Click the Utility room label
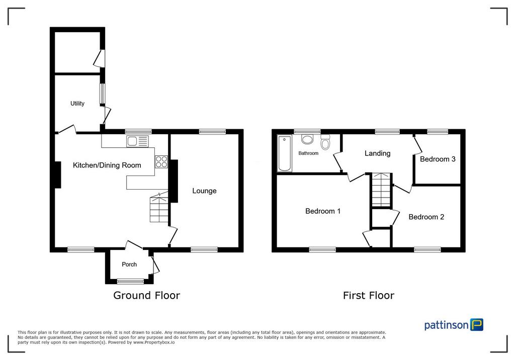pos(77,104)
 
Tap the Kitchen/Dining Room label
pos(107,165)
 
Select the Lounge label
pos(204,191)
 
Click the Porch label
pos(129,264)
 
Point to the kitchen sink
pos(137,141)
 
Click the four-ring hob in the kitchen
pos(161,161)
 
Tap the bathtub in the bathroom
pos(285,153)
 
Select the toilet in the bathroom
pos(325,142)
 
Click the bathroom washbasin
pos(307,139)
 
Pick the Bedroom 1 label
pos(323,211)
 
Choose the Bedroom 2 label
pos(426,217)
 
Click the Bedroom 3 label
pos(438,159)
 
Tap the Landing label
pos(377,153)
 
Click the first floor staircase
pos(381,190)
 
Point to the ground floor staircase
pos(159,208)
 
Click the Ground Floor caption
pos(146,295)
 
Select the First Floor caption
pos(369,295)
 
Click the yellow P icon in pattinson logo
pos(477,324)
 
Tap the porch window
pos(131,281)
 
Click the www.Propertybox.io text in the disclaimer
pos(154,342)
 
